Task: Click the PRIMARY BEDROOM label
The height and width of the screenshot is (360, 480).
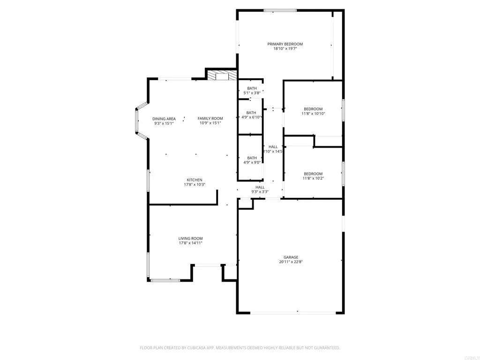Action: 285,44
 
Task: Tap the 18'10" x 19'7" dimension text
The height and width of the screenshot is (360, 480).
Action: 285,48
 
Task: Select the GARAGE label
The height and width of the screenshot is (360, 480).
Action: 291,257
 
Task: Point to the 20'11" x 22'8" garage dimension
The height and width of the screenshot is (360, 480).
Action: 291,262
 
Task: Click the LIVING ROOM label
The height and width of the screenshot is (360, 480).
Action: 190,239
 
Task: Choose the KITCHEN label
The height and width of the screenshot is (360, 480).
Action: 195,180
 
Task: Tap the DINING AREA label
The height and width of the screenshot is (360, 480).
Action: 164,119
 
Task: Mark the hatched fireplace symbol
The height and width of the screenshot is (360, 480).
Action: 222,76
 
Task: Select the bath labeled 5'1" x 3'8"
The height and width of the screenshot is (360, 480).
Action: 252,91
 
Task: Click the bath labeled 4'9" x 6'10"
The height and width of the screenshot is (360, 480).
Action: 251,115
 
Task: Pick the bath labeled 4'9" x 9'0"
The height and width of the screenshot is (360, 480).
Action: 252,160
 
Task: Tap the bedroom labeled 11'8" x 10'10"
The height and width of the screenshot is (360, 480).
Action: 313,111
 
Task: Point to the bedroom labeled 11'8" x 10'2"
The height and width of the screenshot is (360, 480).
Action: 313,176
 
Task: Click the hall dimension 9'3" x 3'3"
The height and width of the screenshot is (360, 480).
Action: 260,192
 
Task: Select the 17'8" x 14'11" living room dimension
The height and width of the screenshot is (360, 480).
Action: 190,243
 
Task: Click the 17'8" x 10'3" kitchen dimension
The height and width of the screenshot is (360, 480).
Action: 195,185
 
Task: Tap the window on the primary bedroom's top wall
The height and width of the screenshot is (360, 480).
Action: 280,10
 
